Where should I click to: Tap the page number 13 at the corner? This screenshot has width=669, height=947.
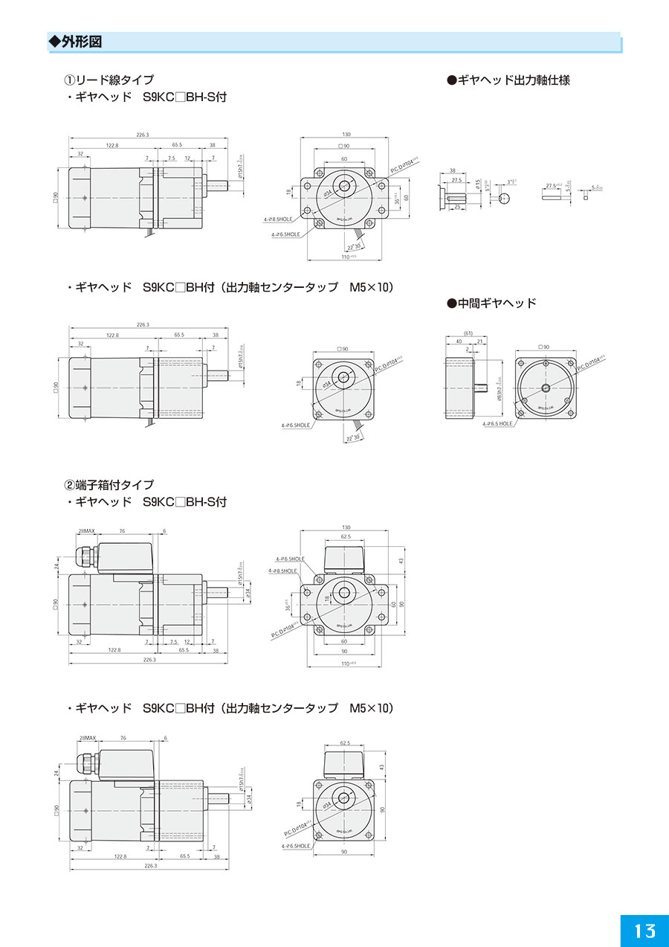coord(644,930)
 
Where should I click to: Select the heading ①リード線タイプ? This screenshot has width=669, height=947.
coord(109,80)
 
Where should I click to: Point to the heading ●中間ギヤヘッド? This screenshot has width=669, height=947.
coord(491,304)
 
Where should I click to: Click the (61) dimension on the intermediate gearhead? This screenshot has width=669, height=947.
coord(468,333)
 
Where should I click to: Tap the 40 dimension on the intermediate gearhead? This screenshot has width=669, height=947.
coord(458,341)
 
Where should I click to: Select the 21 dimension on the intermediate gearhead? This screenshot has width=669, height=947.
coord(479,341)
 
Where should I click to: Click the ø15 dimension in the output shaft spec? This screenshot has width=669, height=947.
coord(478,184)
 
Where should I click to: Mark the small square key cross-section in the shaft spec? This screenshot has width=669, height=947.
coord(586,198)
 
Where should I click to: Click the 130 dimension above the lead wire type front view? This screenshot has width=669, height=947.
coord(346,135)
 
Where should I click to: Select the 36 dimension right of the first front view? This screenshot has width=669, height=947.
coord(397,200)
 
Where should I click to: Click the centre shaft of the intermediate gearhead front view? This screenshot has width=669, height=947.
coord(546,388)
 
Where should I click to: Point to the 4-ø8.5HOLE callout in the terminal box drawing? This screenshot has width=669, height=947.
coord(282,571)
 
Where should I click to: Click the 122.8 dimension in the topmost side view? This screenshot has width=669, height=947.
coord(112,146)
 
